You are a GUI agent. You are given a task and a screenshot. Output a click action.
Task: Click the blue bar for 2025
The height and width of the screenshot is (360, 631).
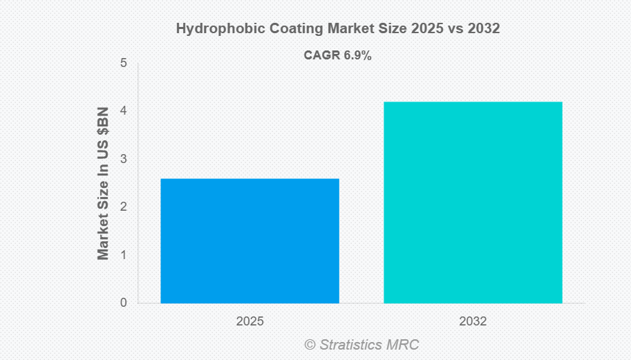tap(249, 240)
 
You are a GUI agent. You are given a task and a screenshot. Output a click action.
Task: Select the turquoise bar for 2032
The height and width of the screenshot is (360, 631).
tap(473, 202)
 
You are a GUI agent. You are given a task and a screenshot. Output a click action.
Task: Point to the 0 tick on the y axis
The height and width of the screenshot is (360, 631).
tap(123, 303)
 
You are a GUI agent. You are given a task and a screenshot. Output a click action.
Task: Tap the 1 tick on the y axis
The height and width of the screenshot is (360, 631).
tap(123, 255)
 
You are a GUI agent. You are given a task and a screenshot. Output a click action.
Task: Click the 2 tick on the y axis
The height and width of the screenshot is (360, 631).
tap(123, 207)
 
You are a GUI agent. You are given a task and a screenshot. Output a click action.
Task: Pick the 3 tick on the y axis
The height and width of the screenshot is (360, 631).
tap(123, 159)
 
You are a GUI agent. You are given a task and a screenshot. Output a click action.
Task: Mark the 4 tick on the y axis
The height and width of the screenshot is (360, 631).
tap(123, 111)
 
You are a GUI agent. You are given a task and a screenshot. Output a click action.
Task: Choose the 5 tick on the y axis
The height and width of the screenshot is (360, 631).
tap(123, 63)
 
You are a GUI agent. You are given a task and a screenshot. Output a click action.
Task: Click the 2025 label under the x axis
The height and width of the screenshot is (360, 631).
tap(249, 321)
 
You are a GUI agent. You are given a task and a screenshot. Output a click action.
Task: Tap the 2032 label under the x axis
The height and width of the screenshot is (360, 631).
tap(473, 321)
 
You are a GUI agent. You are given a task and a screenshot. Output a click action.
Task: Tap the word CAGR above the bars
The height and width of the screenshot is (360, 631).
tap(322, 56)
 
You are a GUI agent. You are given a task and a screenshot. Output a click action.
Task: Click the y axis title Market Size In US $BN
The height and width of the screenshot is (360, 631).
tap(104, 183)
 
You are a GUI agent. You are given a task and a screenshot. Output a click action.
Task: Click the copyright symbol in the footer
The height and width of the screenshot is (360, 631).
tap(310, 344)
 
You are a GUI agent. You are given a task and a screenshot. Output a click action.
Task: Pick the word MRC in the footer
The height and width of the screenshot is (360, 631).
tap(404, 344)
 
